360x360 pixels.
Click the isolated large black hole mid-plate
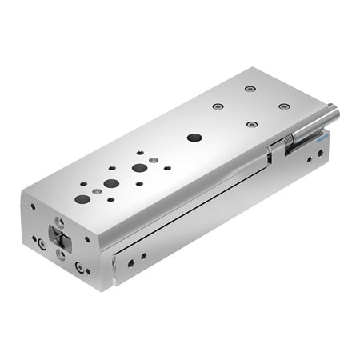click(x=194, y=137)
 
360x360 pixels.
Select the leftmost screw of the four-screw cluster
click(x=218, y=106)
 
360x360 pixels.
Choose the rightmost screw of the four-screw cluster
click(x=283, y=106)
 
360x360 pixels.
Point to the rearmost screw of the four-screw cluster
click(x=250, y=88)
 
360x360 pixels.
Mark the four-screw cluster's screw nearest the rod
click(x=252, y=124)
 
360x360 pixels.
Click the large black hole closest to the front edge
click(x=82, y=198)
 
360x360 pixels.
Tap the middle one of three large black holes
click(x=111, y=183)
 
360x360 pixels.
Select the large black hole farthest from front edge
click(x=140, y=169)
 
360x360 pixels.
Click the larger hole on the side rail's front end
click(x=130, y=262)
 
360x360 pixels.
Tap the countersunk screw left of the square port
click(x=40, y=242)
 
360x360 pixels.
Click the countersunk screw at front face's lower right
click(x=79, y=266)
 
